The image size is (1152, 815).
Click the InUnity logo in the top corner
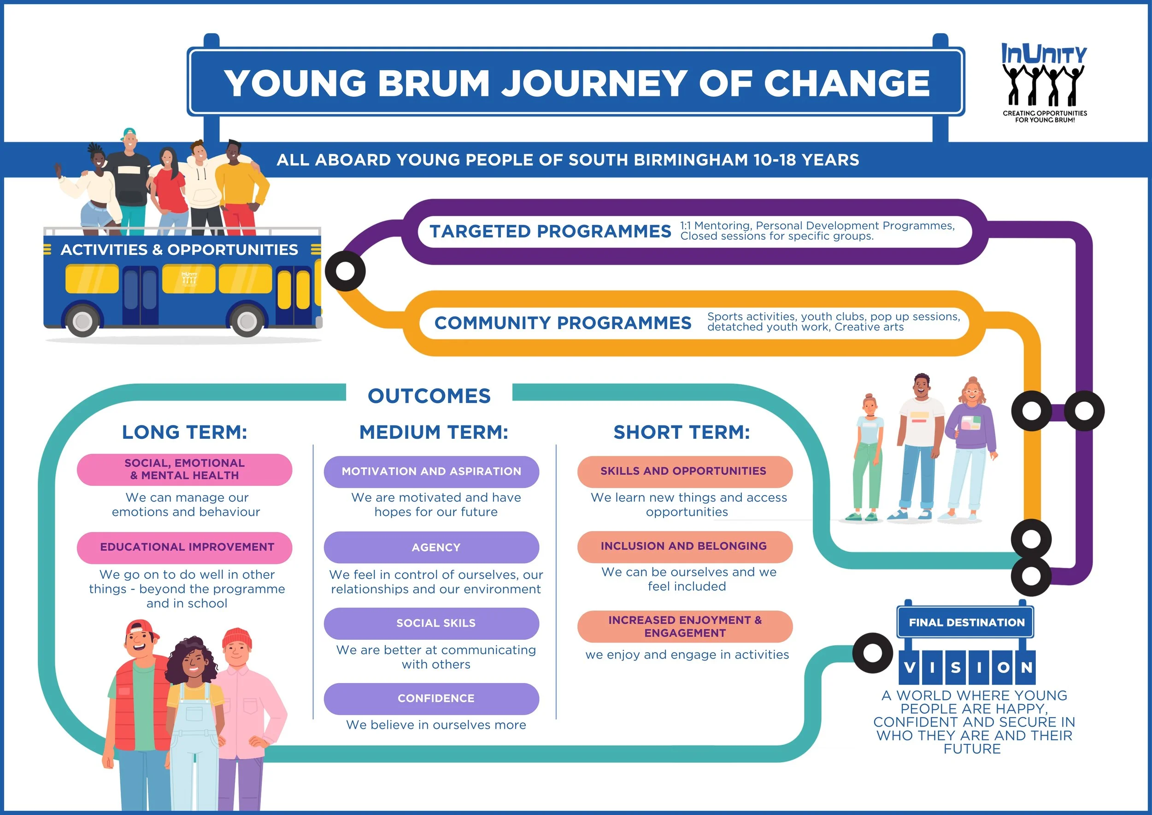pyautogui.click(x=1044, y=83)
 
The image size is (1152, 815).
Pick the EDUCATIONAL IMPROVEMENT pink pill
pyautogui.click(x=185, y=547)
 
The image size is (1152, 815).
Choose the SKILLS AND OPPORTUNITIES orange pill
pyautogui.click(x=684, y=471)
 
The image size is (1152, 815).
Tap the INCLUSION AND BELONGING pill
pyautogui.click(x=684, y=546)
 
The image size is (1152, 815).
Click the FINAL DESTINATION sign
pyautogui.click(x=966, y=622)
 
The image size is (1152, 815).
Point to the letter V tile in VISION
pyautogui.click(x=910, y=667)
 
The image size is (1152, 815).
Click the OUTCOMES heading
pyautogui.click(x=429, y=396)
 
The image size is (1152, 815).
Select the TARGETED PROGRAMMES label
pyautogui.click(x=550, y=231)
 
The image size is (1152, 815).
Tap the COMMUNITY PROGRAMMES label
pyautogui.click(x=563, y=323)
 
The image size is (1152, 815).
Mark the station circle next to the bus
pyautogui.click(x=345, y=271)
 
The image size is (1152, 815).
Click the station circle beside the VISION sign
pyautogui.click(x=873, y=653)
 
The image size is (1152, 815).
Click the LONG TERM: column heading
pyautogui.click(x=185, y=432)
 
